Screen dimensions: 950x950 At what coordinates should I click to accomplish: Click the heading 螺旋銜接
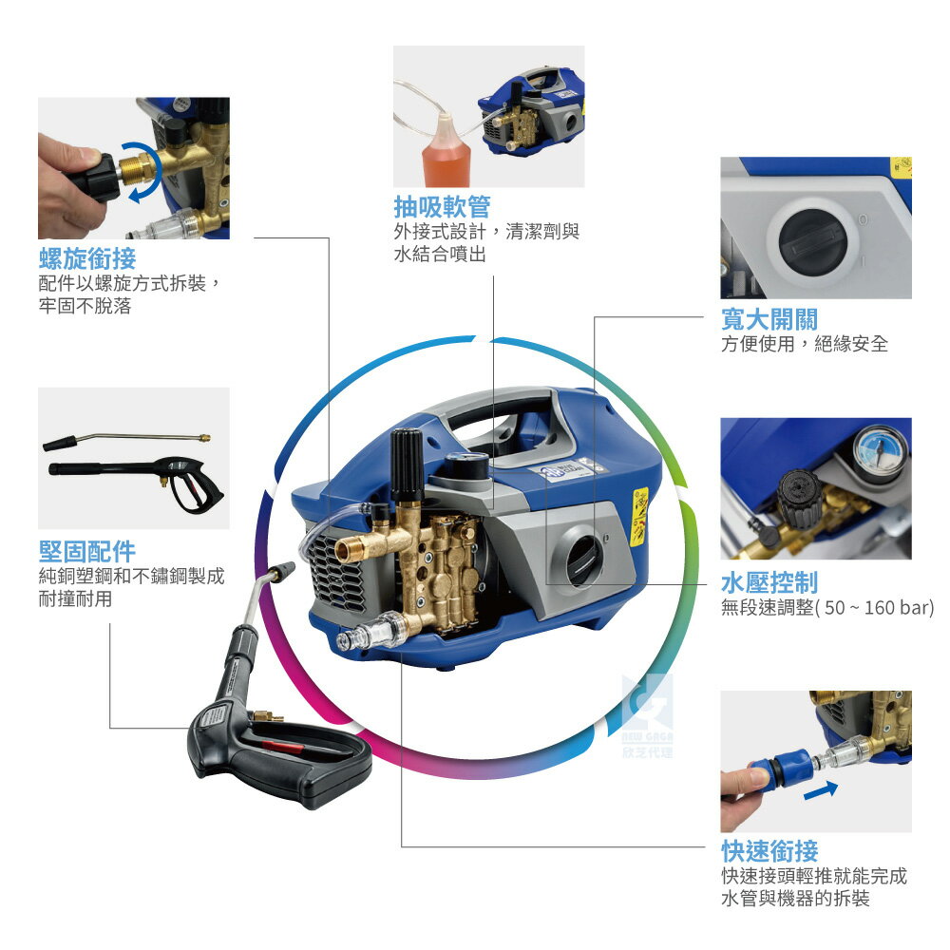point(87,258)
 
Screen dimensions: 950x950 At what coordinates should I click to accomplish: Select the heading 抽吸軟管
point(442,206)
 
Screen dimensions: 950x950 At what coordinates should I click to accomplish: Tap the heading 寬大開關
point(769,319)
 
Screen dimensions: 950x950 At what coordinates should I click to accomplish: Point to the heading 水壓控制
point(769,583)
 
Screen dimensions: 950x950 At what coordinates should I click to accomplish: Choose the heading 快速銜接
point(769,851)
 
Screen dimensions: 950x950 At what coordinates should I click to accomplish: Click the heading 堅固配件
point(87,551)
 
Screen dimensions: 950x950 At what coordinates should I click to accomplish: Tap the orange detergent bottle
point(446,155)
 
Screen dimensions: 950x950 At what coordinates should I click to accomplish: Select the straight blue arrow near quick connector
point(821,790)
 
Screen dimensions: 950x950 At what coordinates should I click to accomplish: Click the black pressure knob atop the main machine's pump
point(408,465)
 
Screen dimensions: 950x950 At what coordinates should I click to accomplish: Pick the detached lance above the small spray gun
point(126,442)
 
